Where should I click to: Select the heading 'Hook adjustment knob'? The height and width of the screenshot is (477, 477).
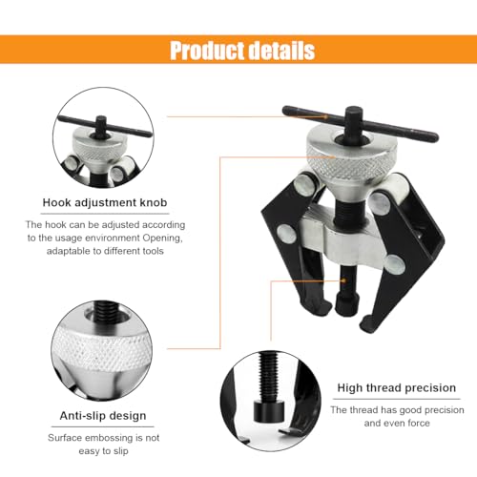(x=105, y=202)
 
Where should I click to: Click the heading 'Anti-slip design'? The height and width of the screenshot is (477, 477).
(x=103, y=416)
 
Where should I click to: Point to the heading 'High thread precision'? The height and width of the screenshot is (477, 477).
(x=397, y=387)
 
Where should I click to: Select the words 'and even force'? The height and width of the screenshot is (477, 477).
(x=397, y=423)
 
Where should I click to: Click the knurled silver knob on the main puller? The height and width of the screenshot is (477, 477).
(x=352, y=159)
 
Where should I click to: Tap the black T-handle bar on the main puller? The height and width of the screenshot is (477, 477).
(x=360, y=123)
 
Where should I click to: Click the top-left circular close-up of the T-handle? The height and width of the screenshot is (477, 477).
(x=103, y=137)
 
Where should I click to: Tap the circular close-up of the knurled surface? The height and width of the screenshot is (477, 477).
(x=101, y=350)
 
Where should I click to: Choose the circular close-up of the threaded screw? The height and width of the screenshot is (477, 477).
(x=270, y=401)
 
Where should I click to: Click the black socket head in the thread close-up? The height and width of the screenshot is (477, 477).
(x=269, y=411)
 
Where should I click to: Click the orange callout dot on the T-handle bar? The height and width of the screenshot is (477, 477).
(x=325, y=117)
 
